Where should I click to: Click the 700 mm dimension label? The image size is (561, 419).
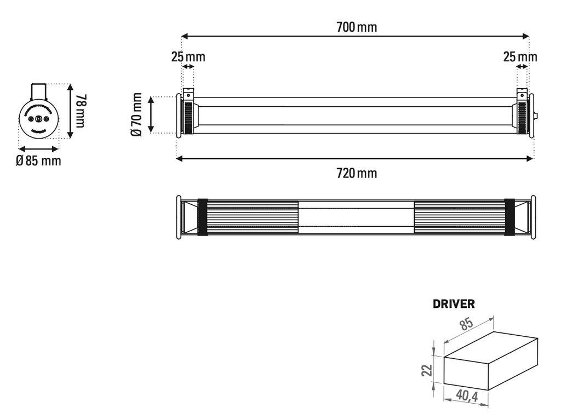click(356, 27)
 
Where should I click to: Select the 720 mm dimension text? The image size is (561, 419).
click(356, 174)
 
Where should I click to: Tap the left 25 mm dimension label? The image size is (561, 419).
click(188, 57)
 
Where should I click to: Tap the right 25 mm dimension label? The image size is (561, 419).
click(520, 57)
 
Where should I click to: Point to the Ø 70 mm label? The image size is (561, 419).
click(137, 115)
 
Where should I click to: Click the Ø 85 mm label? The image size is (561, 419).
click(38, 161)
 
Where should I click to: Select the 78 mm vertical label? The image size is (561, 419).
click(81, 111)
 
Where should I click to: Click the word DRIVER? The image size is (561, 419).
click(454, 304)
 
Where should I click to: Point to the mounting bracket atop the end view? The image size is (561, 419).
click(39, 90)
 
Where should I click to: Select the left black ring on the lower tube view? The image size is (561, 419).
click(202, 217)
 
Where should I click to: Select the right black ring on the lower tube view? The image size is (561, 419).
click(510, 217)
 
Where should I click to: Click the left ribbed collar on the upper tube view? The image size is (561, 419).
click(188, 115)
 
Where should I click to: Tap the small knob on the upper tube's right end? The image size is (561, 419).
click(536, 116)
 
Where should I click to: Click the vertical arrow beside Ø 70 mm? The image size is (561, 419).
click(152, 115)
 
